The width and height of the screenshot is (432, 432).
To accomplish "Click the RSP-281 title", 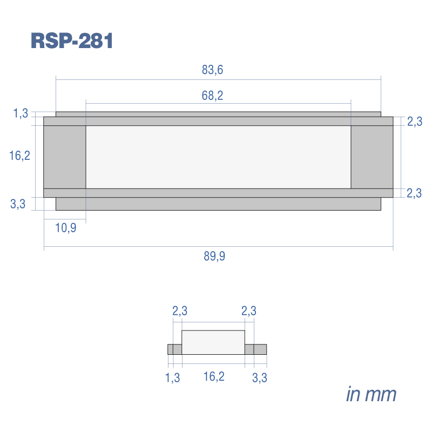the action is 72,41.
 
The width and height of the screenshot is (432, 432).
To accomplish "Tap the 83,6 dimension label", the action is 212,70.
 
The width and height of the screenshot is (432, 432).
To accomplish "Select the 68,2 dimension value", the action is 212,96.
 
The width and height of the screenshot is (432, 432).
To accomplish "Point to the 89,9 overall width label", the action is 214,256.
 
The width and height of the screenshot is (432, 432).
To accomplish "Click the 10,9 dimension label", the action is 65,228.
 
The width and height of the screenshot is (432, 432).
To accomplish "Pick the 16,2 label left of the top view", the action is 19,156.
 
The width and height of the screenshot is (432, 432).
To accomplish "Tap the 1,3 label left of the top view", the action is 21,113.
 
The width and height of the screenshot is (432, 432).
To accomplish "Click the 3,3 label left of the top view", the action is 18,204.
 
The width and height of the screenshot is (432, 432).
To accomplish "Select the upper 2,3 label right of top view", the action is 415,122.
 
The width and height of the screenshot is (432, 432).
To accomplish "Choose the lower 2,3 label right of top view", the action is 414,193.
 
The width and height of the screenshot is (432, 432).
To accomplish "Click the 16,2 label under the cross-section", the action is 214,376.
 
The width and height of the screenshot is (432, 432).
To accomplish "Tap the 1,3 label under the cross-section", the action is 172,377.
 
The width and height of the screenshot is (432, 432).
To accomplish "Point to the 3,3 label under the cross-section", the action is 260,377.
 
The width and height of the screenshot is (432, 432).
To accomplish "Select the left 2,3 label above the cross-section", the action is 180,311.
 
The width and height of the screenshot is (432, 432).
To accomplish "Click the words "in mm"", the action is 371,394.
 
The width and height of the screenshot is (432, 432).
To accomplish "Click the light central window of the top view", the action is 218,157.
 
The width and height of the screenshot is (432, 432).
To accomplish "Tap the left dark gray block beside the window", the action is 65,157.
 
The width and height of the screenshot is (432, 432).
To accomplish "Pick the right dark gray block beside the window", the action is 372,157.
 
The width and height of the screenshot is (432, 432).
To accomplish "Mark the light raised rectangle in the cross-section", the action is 213,342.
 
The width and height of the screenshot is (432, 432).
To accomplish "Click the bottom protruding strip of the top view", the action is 218,204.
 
